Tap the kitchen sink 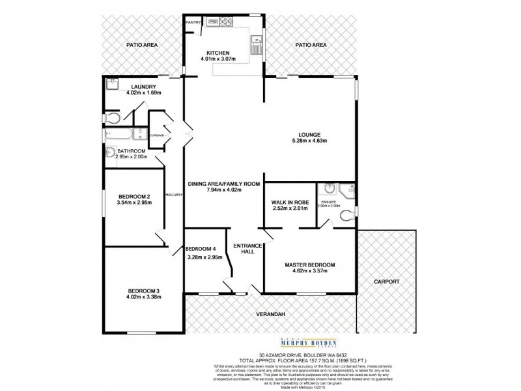[255, 46]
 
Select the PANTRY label [193, 22]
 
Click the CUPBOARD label [156, 136]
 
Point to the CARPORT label [387, 282]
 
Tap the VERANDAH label [272, 314]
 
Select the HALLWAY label [173, 194]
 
